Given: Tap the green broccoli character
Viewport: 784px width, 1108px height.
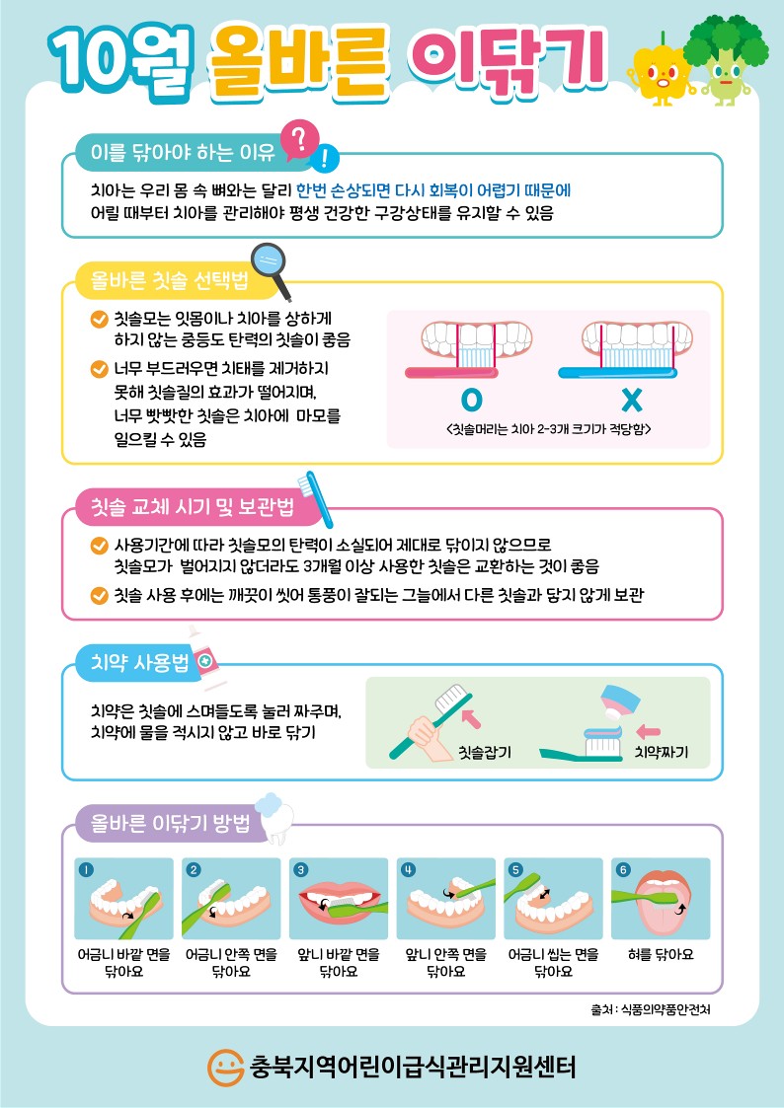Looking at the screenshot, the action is (726, 60).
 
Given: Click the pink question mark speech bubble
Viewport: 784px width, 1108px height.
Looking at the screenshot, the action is (299, 141).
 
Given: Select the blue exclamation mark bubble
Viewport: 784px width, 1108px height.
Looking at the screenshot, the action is (325, 158).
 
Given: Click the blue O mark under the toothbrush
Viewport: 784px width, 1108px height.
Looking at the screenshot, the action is (472, 400).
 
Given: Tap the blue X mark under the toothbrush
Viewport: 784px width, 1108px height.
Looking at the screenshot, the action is (631, 400).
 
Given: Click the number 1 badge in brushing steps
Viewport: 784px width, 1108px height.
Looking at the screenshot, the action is (86, 870).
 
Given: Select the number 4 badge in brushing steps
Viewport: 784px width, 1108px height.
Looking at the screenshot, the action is (408, 870).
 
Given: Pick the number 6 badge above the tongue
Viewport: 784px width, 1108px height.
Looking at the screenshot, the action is (623, 870).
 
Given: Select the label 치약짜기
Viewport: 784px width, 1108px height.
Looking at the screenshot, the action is (662, 753).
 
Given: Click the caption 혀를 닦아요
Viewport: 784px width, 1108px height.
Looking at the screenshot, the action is (661, 955).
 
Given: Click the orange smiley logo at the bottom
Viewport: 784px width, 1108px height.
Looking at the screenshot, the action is (225, 1066).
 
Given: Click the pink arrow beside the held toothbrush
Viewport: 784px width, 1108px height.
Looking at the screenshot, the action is (470, 718).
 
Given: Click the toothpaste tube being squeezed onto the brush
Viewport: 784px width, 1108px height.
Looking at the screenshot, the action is (612, 705).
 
